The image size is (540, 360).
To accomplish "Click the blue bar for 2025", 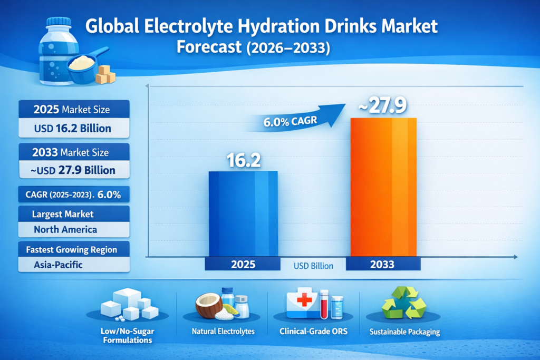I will (x=243, y=213).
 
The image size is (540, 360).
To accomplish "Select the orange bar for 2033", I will (x=383, y=187).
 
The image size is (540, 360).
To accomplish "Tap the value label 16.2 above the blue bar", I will (x=244, y=161).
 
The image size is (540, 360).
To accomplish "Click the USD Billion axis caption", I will (x=313, y=266).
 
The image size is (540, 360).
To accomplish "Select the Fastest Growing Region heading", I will (x=74, y=249).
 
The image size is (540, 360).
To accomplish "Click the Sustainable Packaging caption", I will (x=404, y=333).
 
